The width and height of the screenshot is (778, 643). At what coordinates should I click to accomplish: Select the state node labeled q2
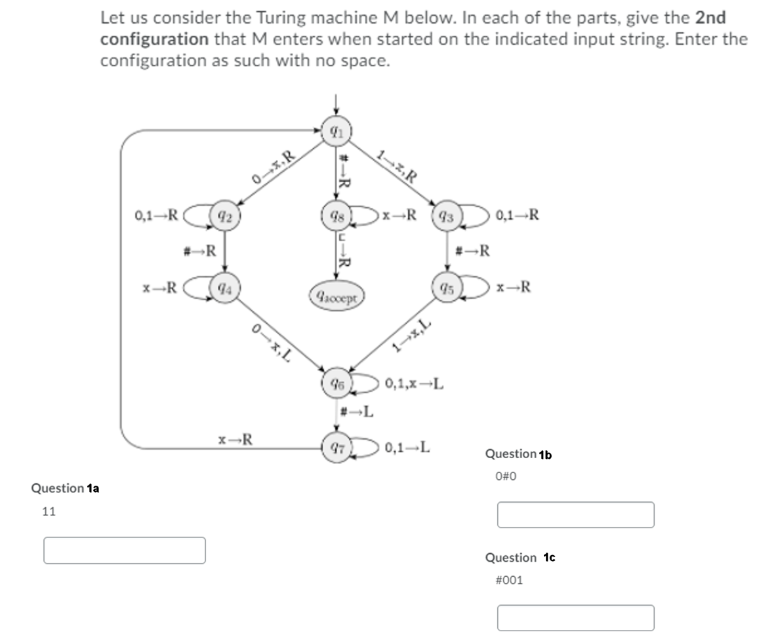click(224, 216)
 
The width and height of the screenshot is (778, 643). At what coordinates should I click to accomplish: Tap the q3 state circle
click(447, 216)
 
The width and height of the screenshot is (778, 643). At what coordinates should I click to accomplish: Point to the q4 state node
click(224, 288)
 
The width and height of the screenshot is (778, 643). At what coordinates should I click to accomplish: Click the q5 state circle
click(447, 288)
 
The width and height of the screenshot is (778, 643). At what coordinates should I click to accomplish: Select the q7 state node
click(336, 448)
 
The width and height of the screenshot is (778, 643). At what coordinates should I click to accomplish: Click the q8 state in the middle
click(336, 216)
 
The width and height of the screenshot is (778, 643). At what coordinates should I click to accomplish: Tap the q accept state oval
click(336, 297)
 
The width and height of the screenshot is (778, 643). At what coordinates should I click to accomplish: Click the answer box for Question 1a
click(124, 550)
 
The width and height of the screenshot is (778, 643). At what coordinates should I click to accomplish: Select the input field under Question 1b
click(575, 515)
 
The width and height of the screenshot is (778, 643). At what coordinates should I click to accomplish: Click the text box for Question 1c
click(575, 617)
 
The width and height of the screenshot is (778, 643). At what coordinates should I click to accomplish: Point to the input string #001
click(509, 580)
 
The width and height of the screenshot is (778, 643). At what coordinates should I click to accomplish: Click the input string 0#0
click(506, 477)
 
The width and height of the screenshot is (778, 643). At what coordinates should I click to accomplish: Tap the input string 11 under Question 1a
click(49, 512)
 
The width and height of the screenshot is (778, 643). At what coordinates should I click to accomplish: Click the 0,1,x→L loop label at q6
click(415, 383)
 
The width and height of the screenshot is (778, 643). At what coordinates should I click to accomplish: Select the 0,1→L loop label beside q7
click(408, 448)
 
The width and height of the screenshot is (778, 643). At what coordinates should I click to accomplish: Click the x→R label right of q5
click(514, 287)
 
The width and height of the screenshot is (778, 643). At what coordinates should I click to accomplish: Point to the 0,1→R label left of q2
click(156, 215)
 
